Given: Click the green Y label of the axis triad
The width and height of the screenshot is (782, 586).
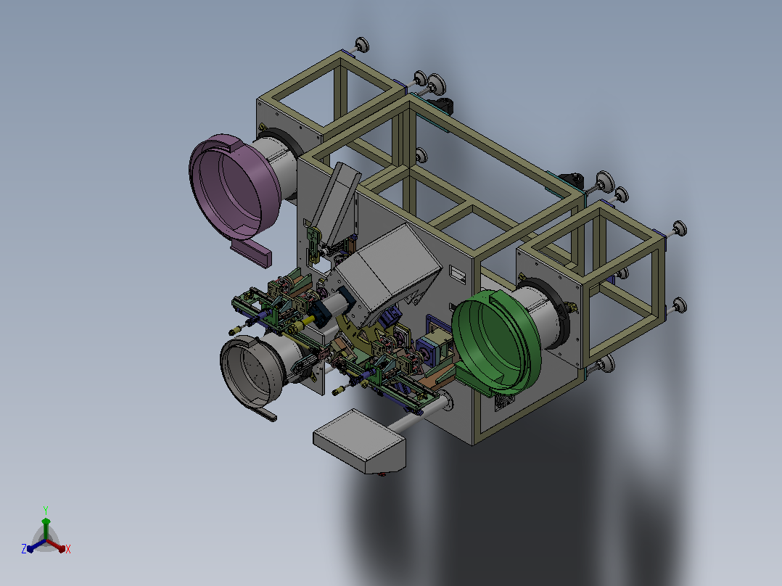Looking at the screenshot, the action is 46,510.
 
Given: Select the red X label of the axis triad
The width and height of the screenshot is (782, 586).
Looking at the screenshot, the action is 68,549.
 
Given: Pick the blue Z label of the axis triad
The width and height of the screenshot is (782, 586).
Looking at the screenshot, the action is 24,548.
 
